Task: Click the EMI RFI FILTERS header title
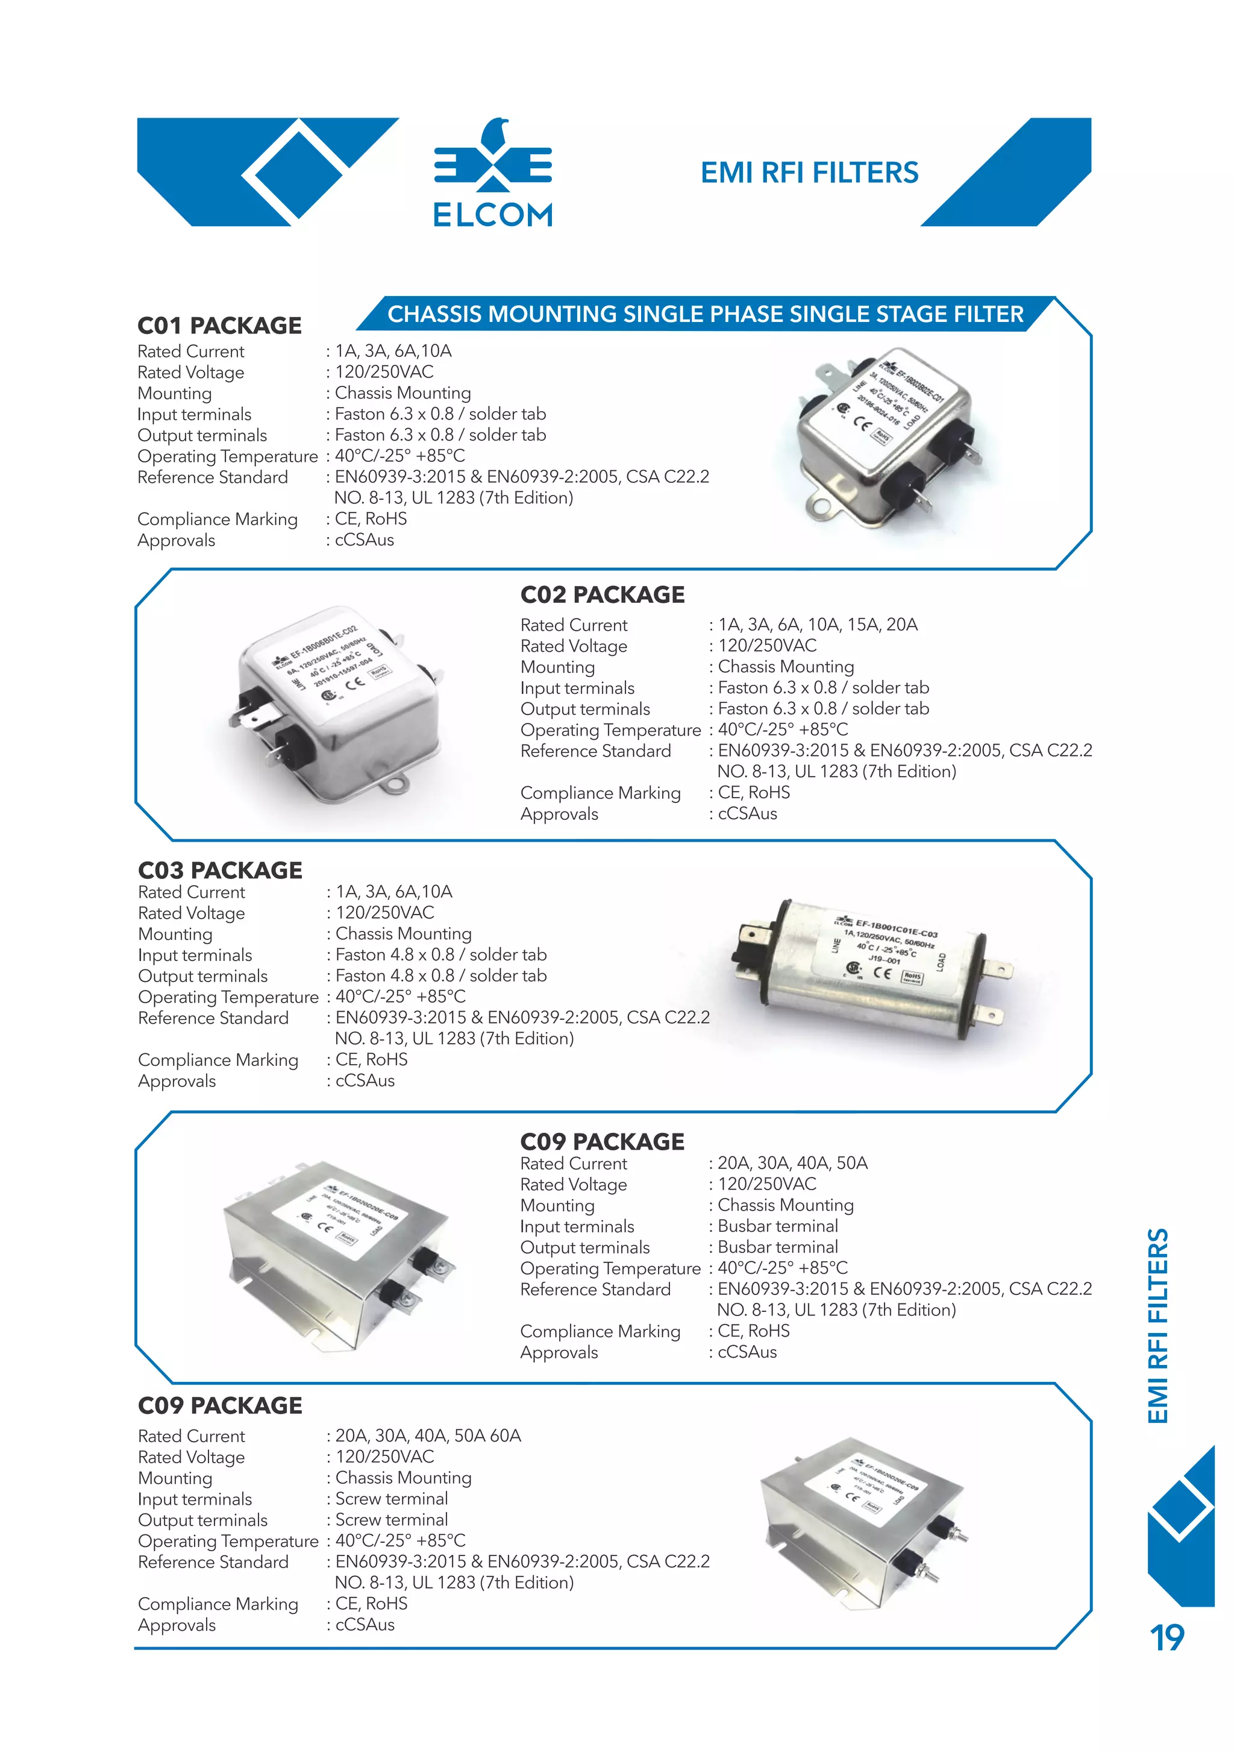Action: pos(809,173)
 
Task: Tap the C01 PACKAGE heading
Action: pos(220,326)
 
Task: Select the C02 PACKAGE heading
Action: pos(602,594)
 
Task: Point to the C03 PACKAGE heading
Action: pos(220,870)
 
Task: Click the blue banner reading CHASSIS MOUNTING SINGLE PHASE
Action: pos(705,314)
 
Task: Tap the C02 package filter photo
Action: pos(336,704)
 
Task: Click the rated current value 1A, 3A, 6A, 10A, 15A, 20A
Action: pos(818,625)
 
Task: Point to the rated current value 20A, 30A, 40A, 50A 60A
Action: pos(428,1435)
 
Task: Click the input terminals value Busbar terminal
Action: pos(777,1226)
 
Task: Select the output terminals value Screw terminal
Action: pos(391,1519)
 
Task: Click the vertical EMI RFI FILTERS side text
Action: pos(1157,1326)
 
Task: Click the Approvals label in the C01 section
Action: pos(176,540)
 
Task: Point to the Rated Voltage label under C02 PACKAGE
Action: pos(574,646)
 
